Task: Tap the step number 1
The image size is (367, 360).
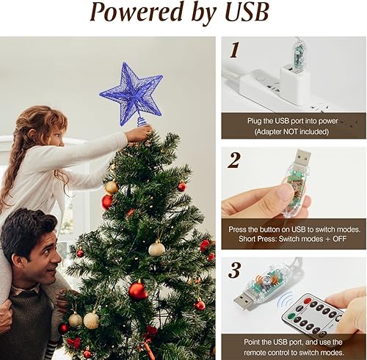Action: click(x=234, y=50)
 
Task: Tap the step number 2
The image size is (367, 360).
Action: click(x=234, y=161)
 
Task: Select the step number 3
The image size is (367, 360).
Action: click(x=234, y=270)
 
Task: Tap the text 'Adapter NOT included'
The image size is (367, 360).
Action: click(x=294, y=132)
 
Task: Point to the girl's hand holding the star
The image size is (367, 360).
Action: click(x=139, y=133)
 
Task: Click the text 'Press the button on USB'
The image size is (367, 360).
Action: click(x=294, y=229)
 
